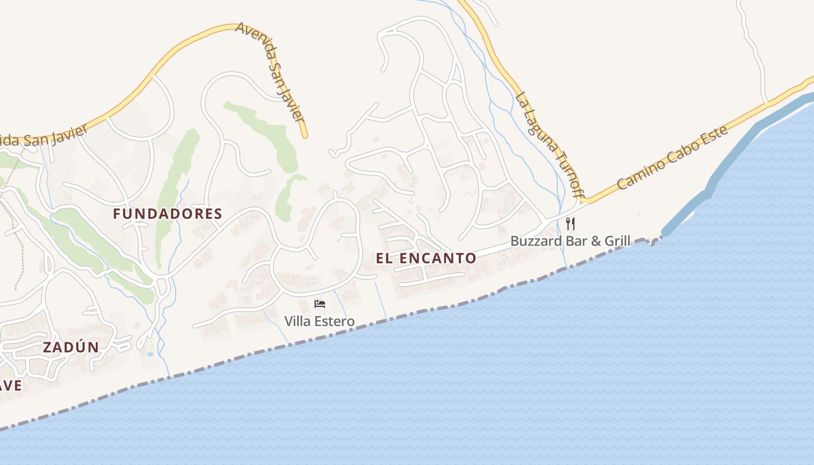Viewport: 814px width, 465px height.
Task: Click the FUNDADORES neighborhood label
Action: coord(167,214)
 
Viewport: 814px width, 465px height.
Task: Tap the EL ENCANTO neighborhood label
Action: coord(426,259)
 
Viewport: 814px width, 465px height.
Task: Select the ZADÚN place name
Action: coord(71,348)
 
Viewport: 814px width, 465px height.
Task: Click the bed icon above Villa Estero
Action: coord(319,303)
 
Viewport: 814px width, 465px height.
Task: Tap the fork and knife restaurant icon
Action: coord(570,224)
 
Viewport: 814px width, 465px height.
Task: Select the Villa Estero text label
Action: coord(319,321)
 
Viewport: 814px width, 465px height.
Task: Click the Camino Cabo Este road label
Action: coord(673,159)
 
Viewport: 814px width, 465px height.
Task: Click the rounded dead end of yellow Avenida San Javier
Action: coord(305,135)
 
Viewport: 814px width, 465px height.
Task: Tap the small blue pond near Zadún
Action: coord(151,353)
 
